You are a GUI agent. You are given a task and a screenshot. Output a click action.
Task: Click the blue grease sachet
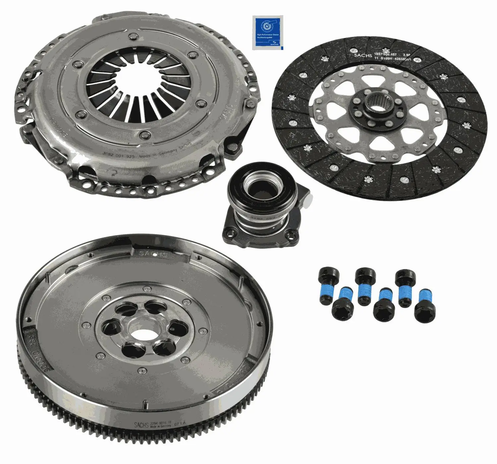tap(267, 33)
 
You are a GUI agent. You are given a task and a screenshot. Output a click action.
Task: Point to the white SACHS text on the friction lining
tap(363, 55)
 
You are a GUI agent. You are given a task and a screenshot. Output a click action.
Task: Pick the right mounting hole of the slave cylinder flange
tap(291, 235)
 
